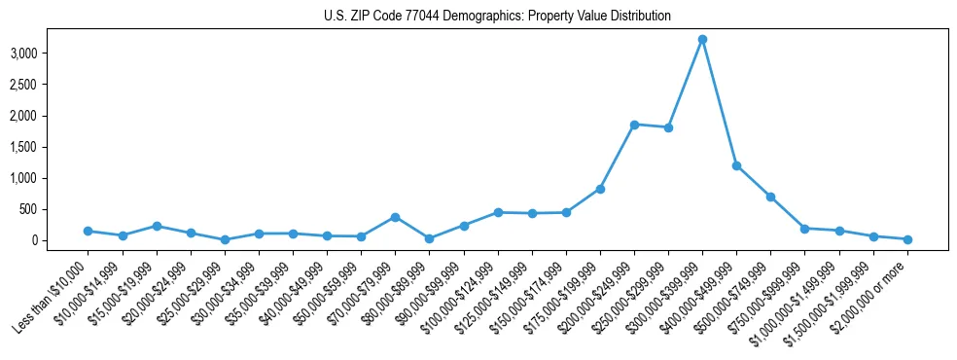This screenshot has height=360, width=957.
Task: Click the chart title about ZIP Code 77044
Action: [497, 17]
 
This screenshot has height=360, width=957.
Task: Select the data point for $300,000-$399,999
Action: [702, 40]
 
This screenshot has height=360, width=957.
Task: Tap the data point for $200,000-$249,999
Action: [634, 125]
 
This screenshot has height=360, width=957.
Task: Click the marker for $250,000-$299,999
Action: [668, 127]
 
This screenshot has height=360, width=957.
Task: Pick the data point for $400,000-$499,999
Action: [736, 165]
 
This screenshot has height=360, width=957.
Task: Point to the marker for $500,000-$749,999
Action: [770, 197]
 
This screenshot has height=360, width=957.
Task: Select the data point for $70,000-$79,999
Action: [395, 217]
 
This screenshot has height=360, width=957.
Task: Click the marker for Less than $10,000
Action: [88, 231]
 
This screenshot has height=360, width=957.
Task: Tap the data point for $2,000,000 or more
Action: [906, 239]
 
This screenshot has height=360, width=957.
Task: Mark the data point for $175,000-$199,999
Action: [600, 189]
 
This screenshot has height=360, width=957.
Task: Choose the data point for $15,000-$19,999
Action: [157, 226]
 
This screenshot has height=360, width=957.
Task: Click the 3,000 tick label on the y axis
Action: [50, 53]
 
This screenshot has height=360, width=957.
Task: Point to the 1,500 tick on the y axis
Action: [50, 147]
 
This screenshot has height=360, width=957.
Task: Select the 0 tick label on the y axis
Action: [60, 240]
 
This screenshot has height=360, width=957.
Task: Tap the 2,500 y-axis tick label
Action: [50, 85]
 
